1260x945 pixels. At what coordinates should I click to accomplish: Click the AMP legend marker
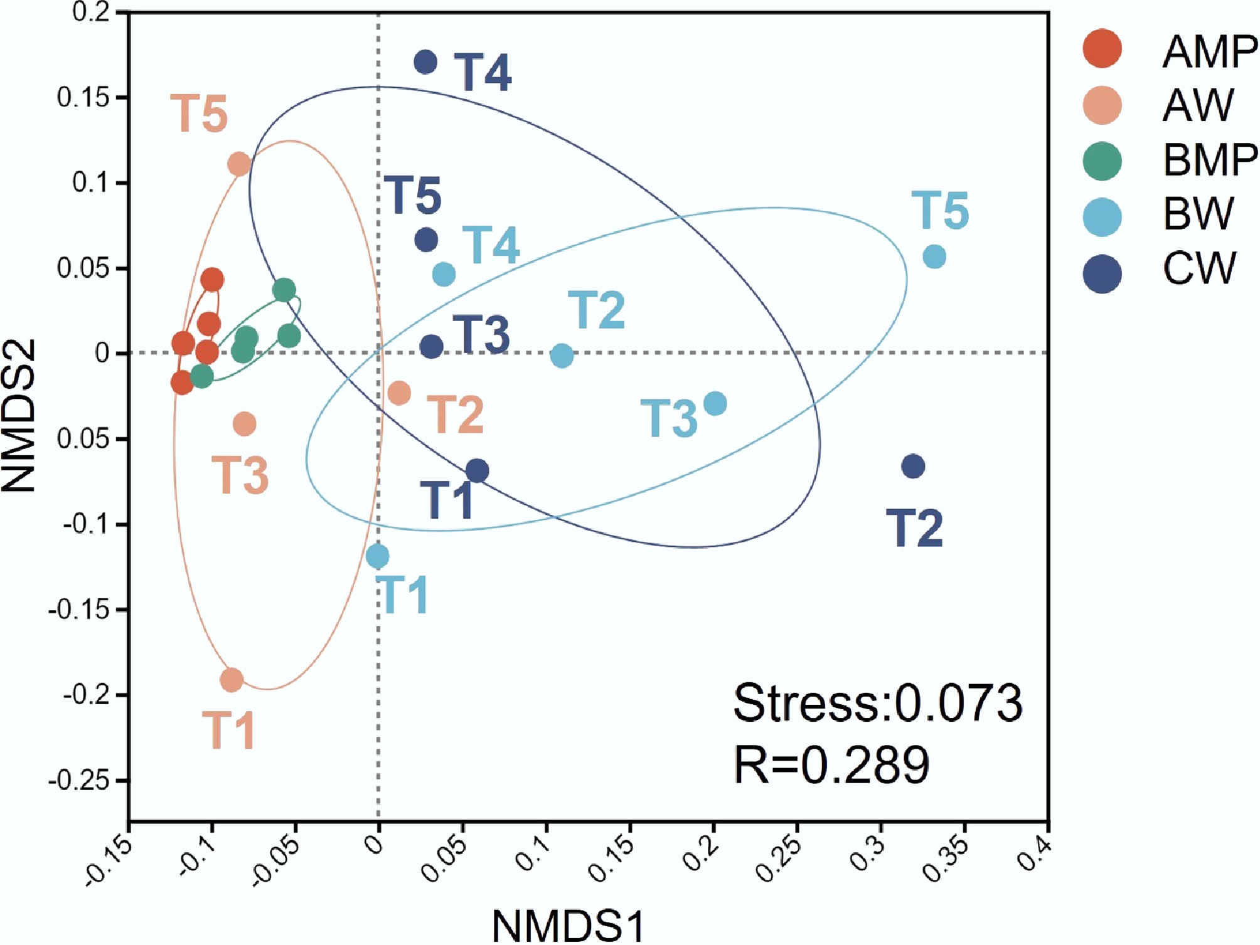[1102, 48]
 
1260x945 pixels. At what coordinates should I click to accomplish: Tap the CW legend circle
[1102, 273]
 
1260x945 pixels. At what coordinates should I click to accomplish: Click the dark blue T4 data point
[425, 62]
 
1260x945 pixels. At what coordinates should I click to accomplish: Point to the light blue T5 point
[934, 256]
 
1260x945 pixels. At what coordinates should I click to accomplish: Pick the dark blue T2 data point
[913, 466]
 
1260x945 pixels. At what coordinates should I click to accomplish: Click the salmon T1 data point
[232, 680]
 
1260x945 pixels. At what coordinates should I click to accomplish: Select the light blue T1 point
[377, 556]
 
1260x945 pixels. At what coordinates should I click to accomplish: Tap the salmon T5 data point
[239, 165]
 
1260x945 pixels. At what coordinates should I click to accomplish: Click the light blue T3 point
[715, 403]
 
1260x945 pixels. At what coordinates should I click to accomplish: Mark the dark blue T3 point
[431, 346]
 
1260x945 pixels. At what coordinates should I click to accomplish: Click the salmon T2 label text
[456, 414]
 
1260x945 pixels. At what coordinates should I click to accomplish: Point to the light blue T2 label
[596, 310]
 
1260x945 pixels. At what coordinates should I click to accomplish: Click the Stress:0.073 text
[877, 704]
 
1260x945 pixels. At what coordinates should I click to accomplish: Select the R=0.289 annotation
[831, 765]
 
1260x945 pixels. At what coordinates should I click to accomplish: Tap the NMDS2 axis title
[19, 416]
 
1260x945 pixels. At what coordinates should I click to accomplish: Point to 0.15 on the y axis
[83, 98]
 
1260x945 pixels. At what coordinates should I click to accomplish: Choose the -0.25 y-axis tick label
[79, 781]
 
